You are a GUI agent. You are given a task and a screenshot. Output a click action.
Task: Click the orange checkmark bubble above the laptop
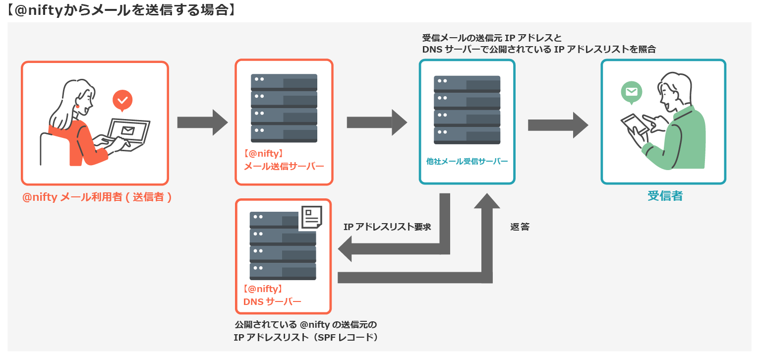click(x=122, y=101)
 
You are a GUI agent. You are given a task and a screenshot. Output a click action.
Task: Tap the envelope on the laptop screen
click(x=128, y=131)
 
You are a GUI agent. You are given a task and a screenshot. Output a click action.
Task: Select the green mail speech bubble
click(x=631, y=92)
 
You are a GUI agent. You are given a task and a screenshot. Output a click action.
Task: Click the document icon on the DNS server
click(x=311, y=217)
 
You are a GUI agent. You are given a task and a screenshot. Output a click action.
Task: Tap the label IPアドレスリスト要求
click(x=387, y=227)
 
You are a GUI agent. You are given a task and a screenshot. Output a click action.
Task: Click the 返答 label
click(x=520, y=227)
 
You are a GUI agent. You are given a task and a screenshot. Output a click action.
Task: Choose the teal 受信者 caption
click(x=665, y=196)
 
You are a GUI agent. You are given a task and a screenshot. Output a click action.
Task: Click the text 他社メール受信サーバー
click(x=467, y=161)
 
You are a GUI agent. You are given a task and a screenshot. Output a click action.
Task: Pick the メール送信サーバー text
click(x=284, y=166)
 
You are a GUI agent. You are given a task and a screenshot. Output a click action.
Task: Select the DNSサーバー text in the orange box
click(x=272, y=301)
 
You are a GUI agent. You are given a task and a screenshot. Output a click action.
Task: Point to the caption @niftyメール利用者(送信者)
click(x=97, y=197)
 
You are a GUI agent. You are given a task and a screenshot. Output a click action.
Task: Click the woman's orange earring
click(x=77, y=106)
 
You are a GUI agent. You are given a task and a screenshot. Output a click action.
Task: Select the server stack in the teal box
click(x=467, y=110)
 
